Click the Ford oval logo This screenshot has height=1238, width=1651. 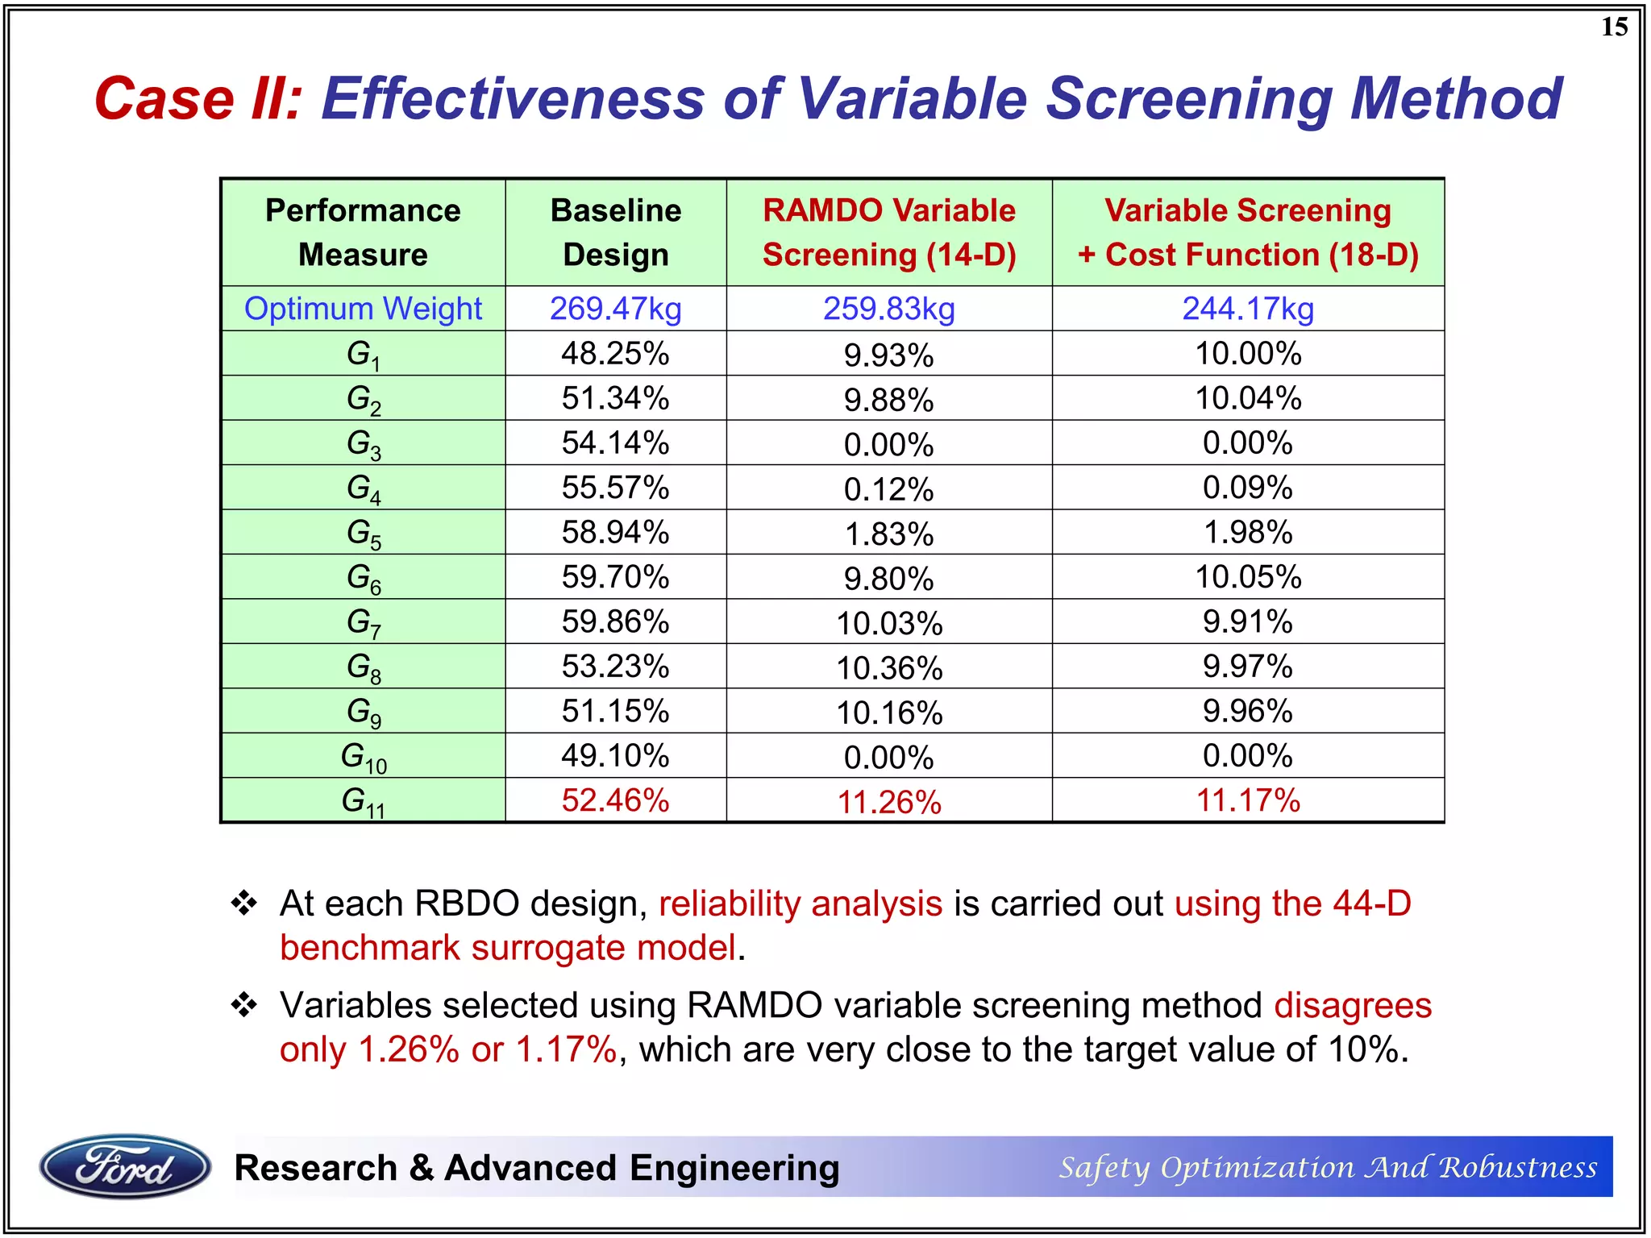(125, 1166)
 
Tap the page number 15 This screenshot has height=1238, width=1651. (1614, 27)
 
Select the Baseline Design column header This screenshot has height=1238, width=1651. (616, 232)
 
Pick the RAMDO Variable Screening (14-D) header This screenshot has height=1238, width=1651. (889, 232)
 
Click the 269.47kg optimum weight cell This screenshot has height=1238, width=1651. (616, 309)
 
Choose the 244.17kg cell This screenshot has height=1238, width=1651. (1248, 309)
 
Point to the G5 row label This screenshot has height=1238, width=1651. (364, 534)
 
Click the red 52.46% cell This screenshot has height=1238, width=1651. (616, 800)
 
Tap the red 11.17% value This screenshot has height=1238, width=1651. (1248, 800)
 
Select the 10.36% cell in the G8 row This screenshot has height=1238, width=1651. (889, 667)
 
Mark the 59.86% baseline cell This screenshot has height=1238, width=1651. (616, 622)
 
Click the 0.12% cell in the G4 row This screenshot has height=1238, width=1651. (889, 489)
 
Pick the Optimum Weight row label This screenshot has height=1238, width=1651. (364, 309)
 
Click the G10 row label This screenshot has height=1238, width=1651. (364, 757)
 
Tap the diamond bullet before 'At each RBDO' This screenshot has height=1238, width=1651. (243, 903)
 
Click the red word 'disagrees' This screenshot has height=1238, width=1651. (1353, 1006)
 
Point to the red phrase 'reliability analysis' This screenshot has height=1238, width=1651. (801, 904)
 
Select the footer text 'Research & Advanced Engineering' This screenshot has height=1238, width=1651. (537, 1168)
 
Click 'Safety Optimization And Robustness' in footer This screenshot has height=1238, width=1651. (1328, 1167)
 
